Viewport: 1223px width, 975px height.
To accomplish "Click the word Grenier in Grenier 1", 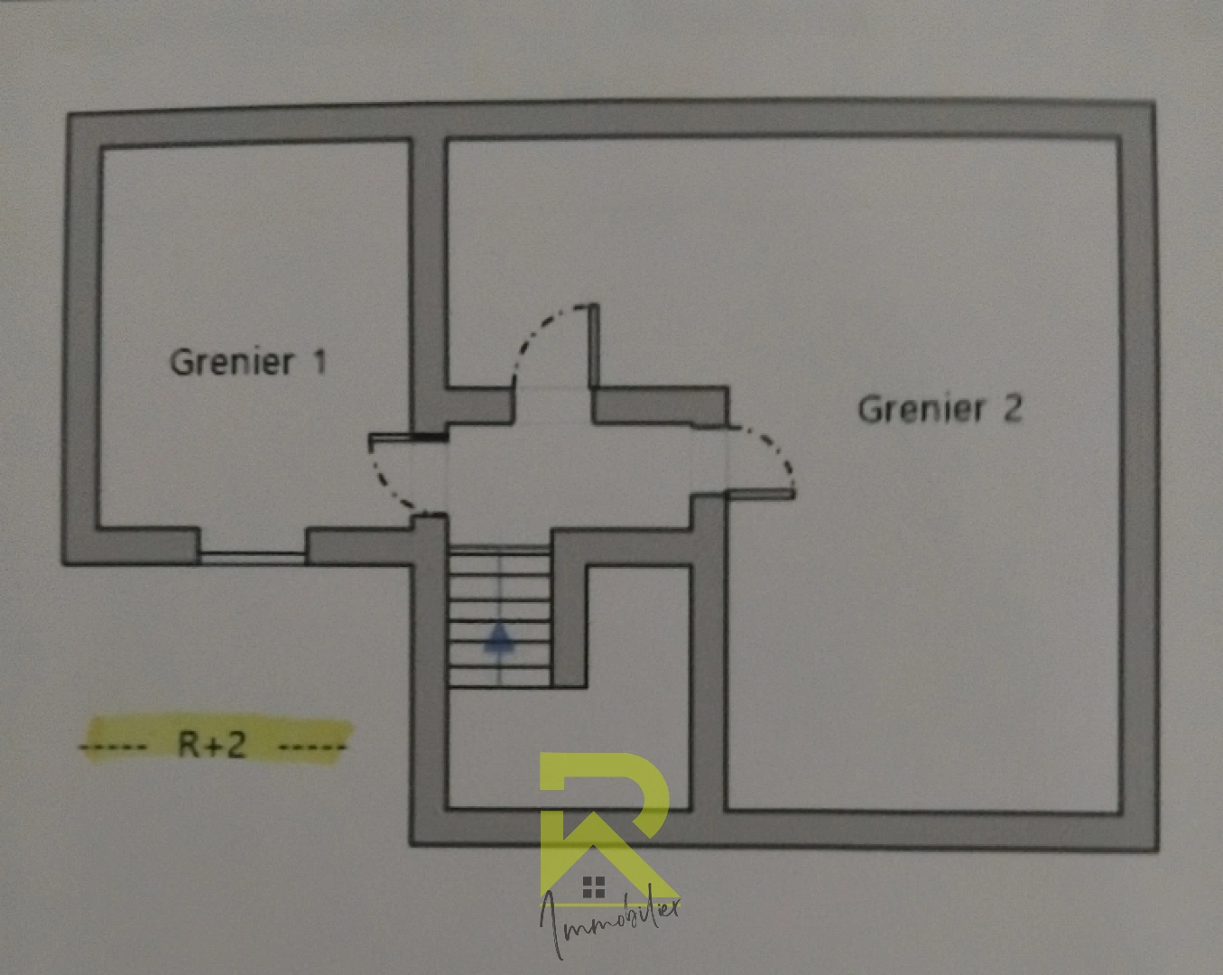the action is (x=232, y=363).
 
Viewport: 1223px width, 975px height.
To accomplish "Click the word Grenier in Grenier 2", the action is (x=921, y=409).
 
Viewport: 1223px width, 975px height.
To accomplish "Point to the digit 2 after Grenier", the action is (x=1012, y=408).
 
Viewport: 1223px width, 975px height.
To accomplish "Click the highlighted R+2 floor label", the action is (x=212, y=744).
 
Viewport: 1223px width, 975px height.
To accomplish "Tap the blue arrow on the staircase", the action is (x=499, y=638).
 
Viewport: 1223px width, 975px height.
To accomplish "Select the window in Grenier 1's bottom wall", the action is (x=253, y=558).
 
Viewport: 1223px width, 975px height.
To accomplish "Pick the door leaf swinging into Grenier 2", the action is (x=760, y=494).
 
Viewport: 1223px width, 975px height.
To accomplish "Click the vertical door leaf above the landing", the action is (x=593, y=346).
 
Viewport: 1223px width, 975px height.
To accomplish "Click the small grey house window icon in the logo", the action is (x=593, y=887).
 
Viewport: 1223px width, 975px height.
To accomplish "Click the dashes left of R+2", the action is (x=113, y=746).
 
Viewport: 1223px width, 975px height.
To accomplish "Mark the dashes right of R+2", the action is (x=312, y=747).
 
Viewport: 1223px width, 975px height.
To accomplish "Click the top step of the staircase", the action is (x=500, y=551).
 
